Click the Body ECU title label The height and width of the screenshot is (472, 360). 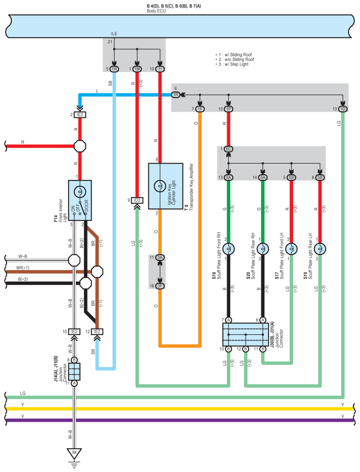click(x=156, y=11)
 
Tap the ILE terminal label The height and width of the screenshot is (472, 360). click(x=114, y=34)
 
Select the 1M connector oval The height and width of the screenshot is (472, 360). click(x=137, y=69)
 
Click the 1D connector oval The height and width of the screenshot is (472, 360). click(x=342, y=109)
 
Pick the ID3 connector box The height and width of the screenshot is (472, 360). click(x=137, y=200)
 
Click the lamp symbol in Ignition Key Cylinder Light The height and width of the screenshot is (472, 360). click(x=160, y=186)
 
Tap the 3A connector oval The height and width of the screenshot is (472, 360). click(x=160, y=257)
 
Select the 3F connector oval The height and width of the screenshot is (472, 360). click(x=160, y=285)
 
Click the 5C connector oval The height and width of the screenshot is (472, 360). click(x=228, y=149)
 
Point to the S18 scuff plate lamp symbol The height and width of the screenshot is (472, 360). click(x=228, y=249)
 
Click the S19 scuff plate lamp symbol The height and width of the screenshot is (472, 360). click(x=320, y=249)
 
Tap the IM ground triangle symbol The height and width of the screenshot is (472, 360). click(x=74, y=454)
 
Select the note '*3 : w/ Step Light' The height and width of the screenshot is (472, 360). click(x=231, y=64)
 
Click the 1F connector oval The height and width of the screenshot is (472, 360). click(x=200, y=109)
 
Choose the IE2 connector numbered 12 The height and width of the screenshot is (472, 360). click(x=97, y=332)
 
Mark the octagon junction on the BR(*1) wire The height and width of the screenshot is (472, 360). click(x=97, y=272)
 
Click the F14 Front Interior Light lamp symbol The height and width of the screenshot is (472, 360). click(x=80, y=191)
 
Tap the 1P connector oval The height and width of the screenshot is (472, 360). click(x=228, y=109)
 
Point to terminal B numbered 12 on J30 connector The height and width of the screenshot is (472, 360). click(x=246, y=349)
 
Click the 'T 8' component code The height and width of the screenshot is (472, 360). click(x=186, y=207)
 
